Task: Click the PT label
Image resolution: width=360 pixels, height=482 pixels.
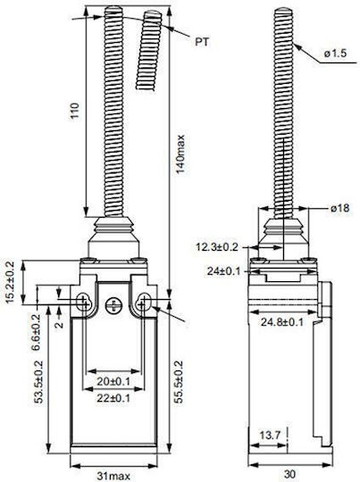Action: (202, 42)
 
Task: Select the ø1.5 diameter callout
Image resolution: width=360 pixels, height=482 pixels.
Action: (335, 54)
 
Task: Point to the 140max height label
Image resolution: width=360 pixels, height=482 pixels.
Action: (180, 154)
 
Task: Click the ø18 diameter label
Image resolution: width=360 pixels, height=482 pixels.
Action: (340, 208)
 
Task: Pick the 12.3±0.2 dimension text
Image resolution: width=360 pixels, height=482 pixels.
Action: (217, 247)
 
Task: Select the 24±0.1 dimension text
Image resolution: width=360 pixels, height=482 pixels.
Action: (223, 271)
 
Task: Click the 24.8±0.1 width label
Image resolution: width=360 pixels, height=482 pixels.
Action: (282, 322)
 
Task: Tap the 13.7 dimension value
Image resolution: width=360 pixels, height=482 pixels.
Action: (270, 435)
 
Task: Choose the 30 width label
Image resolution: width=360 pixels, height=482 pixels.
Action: (289, 474)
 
